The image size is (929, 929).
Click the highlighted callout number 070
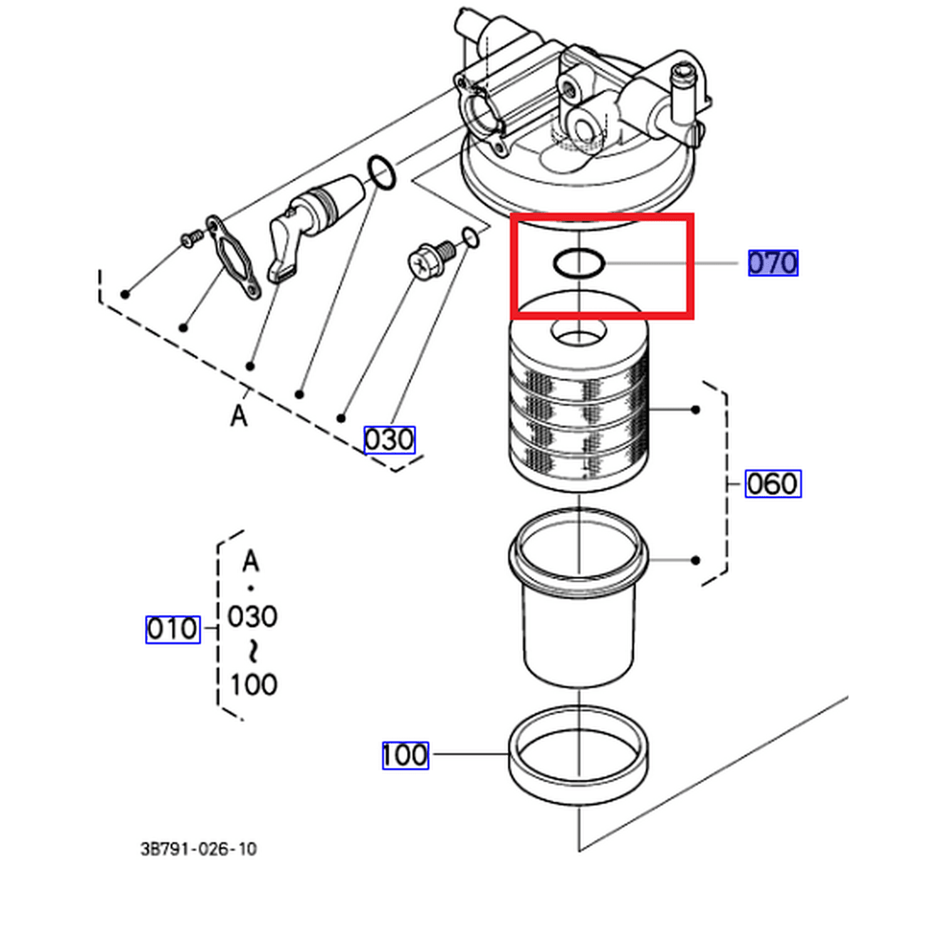pos(772,263)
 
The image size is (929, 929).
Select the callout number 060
pos(772,484)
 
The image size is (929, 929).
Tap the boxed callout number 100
pos(405,755)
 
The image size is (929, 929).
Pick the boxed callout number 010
pos(173,629)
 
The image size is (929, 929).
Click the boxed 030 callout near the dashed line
pos(389,440)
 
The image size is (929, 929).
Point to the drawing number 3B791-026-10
pos(198,848)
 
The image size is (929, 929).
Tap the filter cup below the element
pos(578,598)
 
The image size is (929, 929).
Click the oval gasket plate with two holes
pos(232,257)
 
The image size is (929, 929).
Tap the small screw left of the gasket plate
pos(191,238)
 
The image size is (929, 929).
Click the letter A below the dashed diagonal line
pos(239,416)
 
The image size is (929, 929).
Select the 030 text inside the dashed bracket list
pos(253,617)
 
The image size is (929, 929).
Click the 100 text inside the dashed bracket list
pos(254,685)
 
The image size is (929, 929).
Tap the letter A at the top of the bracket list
pos(251,562)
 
